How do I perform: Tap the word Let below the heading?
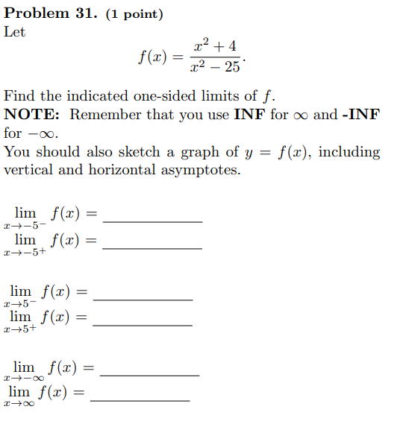[x=14, y=32]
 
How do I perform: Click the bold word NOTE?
[x=34, y=115]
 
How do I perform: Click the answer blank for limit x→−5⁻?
[x=152, y=221]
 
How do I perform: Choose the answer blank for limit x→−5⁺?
[x=152, y=247]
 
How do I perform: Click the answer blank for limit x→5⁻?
[x=143, y=298]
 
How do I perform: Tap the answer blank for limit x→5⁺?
[x=143, y=324]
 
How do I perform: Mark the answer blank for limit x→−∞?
[x=149, y=374]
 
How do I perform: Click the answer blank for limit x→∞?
[x=140, y=400]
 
